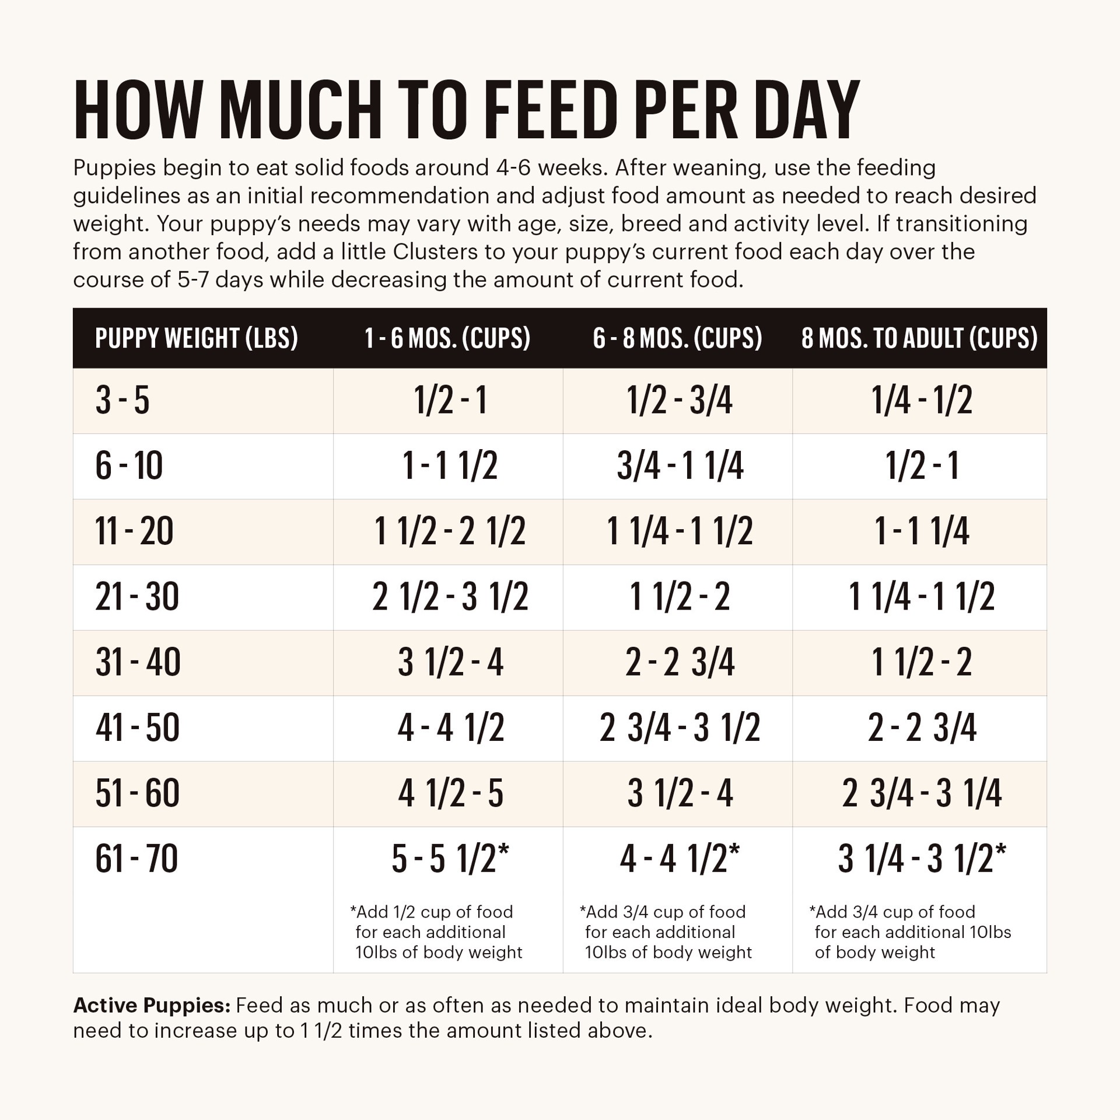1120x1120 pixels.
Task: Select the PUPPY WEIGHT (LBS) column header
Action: coord(197,338)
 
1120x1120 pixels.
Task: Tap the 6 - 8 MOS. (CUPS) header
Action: coord(677,338)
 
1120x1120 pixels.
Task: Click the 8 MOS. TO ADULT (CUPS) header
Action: coord(919,338)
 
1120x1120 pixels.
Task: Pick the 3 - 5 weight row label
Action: coord(123,401)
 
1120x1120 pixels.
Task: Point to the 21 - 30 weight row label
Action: coord(137,597)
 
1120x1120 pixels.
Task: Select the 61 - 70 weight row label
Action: coord(136,859)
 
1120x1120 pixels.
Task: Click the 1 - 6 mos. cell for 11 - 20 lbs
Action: coord(450,532)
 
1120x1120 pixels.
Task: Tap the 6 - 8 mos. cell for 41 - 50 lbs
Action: coord(680,728)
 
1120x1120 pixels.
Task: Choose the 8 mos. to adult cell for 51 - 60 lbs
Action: coord(922,793)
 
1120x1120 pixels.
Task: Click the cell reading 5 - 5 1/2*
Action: coord(450,859)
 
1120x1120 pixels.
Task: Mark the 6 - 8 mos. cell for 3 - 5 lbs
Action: coord(680,401)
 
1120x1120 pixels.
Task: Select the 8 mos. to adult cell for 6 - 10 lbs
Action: coord(922,467)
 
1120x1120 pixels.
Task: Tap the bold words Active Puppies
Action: coord(152,1006)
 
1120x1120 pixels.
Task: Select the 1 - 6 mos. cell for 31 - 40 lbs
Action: coord(450,663)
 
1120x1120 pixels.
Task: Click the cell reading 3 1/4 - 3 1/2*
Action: coord(922,859)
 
